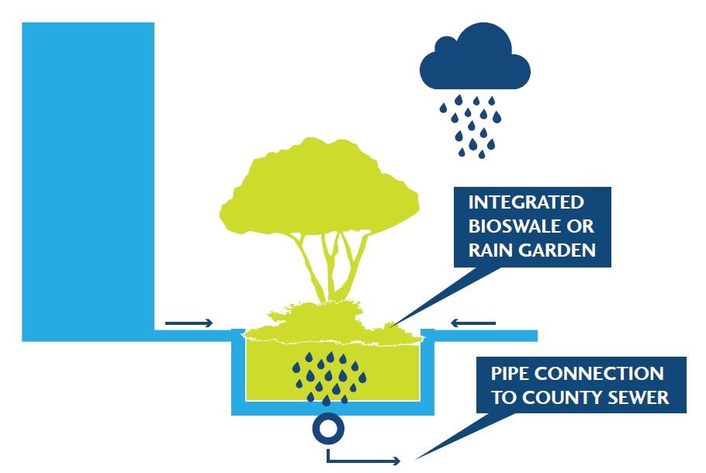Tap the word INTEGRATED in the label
[525, 202]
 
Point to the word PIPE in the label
[511, 374]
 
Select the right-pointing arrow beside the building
[189, 323]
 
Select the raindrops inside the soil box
[329, 376]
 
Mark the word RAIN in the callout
[490, 250]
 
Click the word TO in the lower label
[504, 399]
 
